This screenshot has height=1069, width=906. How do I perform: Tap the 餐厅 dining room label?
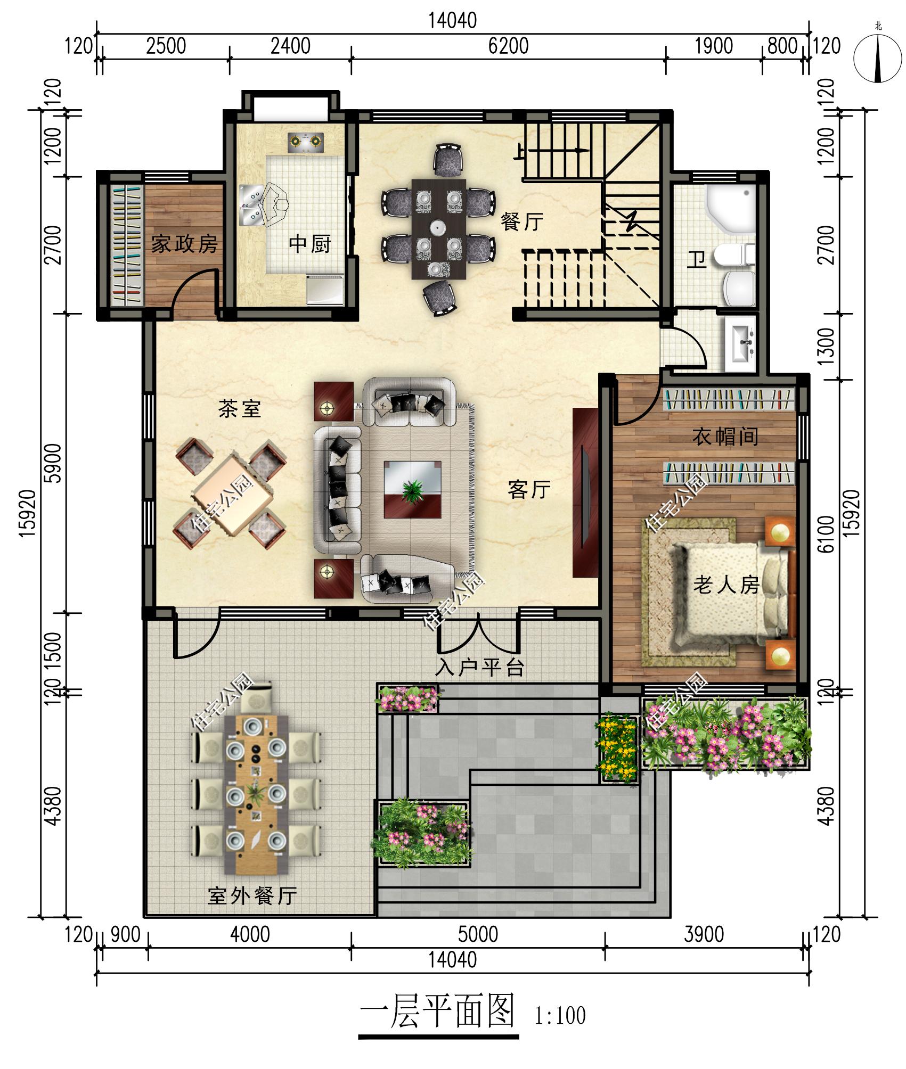point(522,221)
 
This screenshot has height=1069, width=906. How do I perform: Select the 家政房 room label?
point(185,244)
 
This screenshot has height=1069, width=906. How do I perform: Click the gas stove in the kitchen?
point(306,142)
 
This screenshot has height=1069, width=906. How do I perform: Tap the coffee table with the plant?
point(413,490)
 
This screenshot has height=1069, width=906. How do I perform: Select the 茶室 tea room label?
point(240,409)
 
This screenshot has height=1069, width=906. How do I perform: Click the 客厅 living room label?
point(529,489)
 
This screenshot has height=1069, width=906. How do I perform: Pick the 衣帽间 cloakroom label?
point(725,437)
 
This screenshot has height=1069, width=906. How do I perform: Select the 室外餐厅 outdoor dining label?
point(252,896)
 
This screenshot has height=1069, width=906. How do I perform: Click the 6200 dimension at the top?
point(508,46)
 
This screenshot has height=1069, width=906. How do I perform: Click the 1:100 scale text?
point(560,1016)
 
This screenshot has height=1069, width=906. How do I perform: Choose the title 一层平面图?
point(438,1010)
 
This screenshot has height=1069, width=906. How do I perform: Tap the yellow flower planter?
point(618,749)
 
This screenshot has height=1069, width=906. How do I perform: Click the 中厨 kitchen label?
point(310,244)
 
